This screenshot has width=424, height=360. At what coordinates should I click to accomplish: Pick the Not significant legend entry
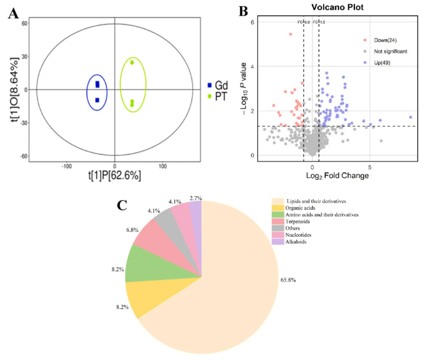391,51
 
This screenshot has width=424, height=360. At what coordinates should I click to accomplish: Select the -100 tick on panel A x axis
67,165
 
